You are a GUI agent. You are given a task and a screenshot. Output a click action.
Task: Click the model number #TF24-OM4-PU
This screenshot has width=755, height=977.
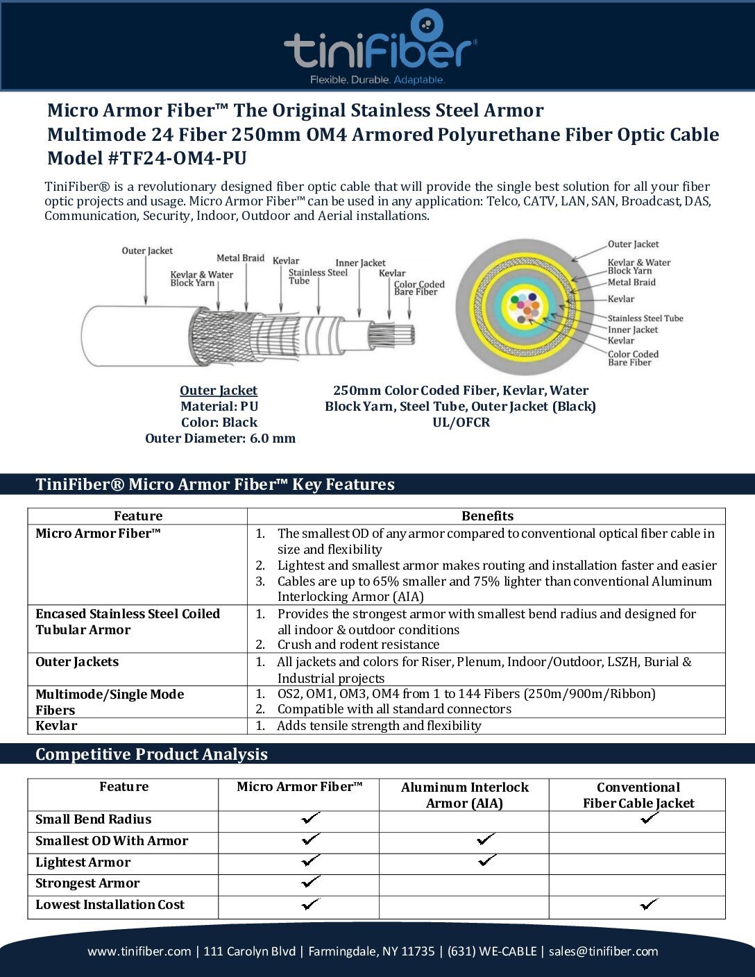(x=177, y=158)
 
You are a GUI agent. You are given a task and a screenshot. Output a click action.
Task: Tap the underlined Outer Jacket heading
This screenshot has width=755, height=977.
(x=219, y=391)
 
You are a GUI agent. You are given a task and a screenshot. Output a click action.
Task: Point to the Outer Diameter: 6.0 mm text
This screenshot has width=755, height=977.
(x=220, y=439)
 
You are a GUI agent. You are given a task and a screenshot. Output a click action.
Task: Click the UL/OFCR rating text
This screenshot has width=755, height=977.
(x=461, y=423)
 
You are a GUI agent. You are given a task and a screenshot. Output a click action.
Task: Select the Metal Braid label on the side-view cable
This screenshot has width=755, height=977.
(x=240, y=258)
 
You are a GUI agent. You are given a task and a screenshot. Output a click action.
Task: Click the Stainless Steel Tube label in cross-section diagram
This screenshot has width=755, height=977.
(x=645, y=318)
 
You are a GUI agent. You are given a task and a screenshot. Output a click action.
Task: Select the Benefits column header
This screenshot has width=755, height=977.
(x=487, y=516)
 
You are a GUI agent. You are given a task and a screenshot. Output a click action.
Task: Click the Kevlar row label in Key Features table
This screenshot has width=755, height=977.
(x=57, y=726)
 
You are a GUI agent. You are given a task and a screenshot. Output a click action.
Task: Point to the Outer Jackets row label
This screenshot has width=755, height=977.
(x=77, y=662)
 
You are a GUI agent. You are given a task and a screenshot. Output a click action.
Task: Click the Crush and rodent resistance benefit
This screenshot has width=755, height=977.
(x=358, y=645)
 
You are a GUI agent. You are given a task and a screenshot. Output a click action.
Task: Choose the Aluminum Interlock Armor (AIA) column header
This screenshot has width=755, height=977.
(x=464, y=795)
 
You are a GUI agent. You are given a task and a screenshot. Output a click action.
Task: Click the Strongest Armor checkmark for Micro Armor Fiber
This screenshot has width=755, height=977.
(x=311, y=882)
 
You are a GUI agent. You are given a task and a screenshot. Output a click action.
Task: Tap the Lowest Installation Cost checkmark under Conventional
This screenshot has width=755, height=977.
(x=650, y=904)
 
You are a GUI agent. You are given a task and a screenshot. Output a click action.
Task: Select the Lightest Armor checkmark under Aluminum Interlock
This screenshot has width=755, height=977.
(x=487, y=860)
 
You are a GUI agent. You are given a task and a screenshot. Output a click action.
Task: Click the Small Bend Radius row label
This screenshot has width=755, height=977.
(x=93, y=819)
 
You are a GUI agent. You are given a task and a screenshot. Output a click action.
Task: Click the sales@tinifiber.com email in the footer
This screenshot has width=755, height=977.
(x=603, y=951)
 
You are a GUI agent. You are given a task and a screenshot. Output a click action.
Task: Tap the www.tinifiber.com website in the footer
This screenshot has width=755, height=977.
(x=139, y=951)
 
